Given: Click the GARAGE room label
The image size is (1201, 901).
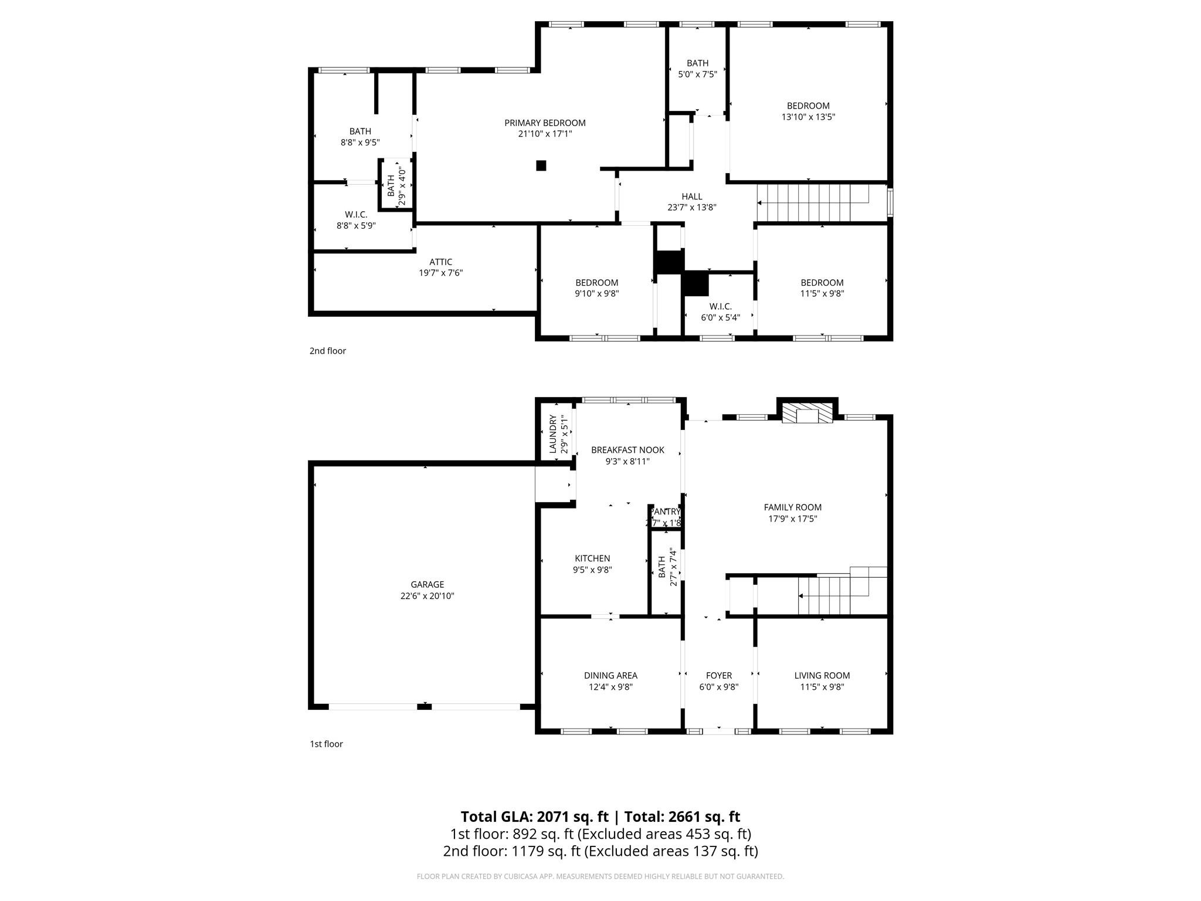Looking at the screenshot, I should point(427,584).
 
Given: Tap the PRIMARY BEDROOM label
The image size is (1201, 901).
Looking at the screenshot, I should point(545,123).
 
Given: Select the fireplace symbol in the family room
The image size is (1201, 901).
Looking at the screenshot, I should point(808,413).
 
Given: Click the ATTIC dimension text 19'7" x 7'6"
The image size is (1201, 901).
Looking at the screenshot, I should point(440,273).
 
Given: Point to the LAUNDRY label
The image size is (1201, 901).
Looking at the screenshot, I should point(552,434).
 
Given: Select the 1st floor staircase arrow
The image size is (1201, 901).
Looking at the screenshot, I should point(802,596).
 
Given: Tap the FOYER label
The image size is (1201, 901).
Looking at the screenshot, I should point(718,675).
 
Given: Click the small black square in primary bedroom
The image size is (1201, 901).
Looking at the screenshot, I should point(541,165).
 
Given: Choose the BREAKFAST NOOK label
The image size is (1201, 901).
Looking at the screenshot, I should point(627,450).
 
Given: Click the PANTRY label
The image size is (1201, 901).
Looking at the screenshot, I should point(665,512).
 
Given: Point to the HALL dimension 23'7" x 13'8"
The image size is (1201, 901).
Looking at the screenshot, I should point(691,207).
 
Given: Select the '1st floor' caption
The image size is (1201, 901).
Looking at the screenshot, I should point(326,744).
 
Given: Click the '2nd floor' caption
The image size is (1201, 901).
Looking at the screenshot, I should point(327,351).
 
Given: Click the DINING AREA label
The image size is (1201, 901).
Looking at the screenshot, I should point(610,675).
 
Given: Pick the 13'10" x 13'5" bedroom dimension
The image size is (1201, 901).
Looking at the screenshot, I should point(808,117).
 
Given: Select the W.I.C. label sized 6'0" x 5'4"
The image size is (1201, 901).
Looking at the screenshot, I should point(720,306).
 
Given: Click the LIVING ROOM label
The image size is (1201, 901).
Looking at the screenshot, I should point(822,675).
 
